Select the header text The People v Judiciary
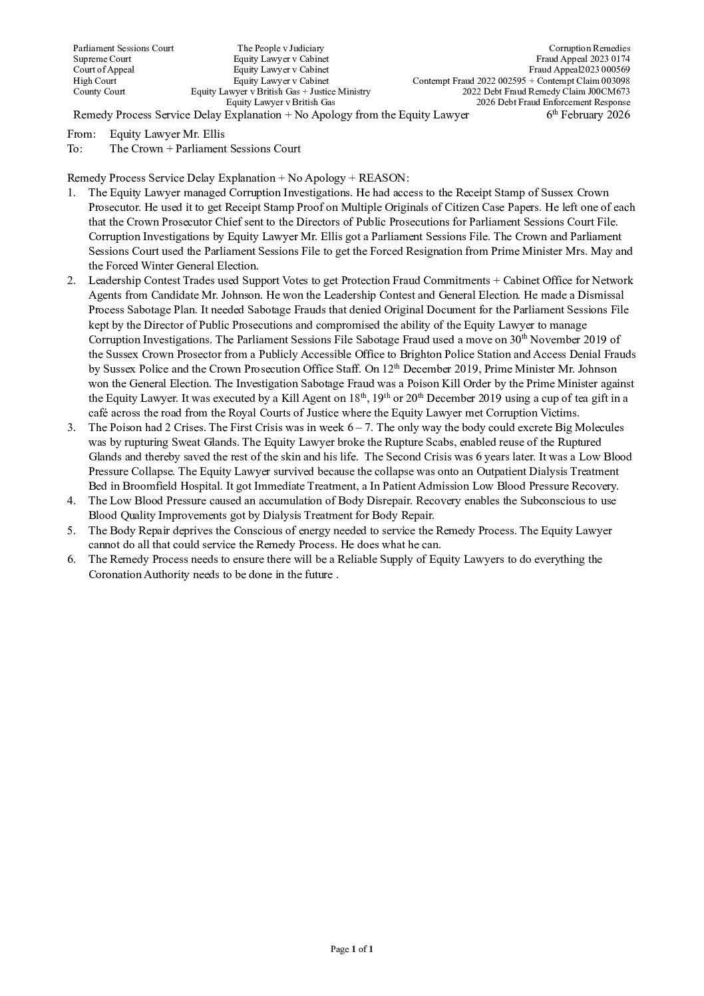(x=280, y=48)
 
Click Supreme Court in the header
(x=102, y=59)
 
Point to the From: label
(x=81, y=134)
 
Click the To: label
(x=75, y=148)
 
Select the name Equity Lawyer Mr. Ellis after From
(x=167, y=134)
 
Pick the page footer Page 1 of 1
(x=351, y=949)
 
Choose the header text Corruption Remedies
(x=589, y=48)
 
